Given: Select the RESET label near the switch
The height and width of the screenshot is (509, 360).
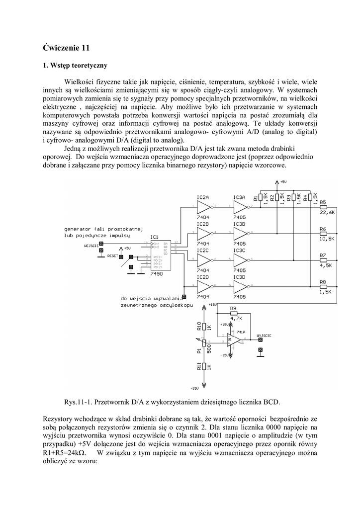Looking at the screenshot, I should tap(112, 255).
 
